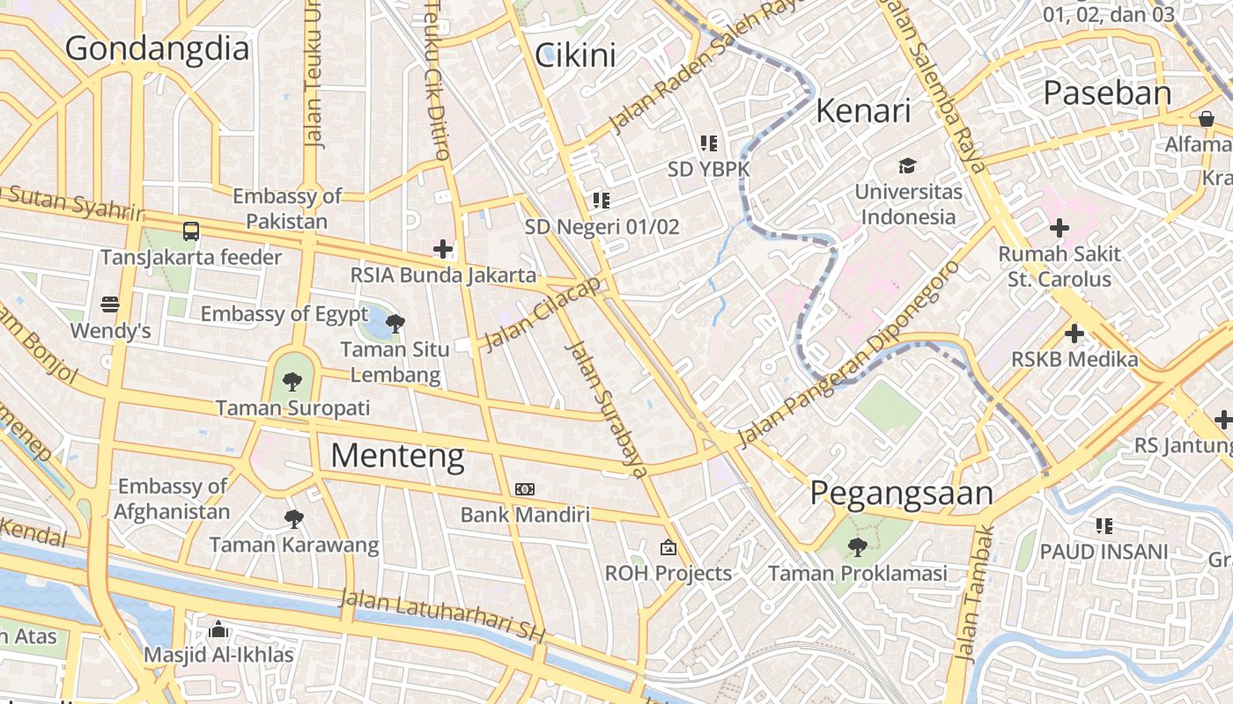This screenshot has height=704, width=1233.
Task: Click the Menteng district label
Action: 397,455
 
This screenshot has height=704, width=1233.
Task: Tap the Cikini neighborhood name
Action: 575,55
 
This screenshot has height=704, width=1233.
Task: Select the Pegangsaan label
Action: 901,493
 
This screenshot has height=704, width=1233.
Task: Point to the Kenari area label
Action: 863,111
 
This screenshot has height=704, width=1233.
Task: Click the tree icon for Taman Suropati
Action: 292,382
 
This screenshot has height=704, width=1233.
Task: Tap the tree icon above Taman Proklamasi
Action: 857,547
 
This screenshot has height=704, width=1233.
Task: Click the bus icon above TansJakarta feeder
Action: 191,231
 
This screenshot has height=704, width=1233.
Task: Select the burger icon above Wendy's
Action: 110,304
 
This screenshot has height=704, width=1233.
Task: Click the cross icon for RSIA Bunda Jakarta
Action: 443,249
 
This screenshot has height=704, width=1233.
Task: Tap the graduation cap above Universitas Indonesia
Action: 907,165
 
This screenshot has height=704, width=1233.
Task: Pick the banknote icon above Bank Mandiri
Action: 524,488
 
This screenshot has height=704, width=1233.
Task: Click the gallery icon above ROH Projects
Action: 668,547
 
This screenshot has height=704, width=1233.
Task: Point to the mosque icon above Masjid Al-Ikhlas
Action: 218,629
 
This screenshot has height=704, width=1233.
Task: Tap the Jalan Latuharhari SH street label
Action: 443,616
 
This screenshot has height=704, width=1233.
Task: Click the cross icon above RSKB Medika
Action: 1074,334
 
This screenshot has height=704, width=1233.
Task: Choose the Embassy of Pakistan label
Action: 287,209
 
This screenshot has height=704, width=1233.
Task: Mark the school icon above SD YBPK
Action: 708,143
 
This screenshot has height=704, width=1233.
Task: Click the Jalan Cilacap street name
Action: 542,313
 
